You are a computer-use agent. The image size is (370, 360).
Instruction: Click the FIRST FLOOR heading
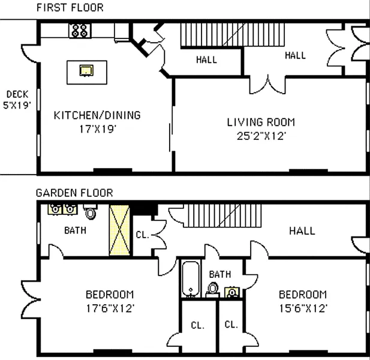click(x=70, y=8)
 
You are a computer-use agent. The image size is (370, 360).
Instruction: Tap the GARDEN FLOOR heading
click(x=74, y=193)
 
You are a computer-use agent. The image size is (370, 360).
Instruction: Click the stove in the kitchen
click(x=80, y=31)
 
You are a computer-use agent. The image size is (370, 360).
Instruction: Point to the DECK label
click(x=17, y=94)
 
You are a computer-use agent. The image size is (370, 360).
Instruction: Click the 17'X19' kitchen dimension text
click(x=98, y=129)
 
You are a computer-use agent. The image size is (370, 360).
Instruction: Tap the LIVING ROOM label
click(x=261, y=122)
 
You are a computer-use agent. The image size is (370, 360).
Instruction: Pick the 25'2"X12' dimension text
click(x=261, y=136)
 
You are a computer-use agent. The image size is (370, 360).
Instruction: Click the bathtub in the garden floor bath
click(x=191, y=278)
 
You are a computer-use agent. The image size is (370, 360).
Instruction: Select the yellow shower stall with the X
click(x=119, y=230)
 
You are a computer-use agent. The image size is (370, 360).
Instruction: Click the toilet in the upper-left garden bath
click(x=90, y=212)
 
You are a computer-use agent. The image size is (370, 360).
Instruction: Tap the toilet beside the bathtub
click(x=212, y=290)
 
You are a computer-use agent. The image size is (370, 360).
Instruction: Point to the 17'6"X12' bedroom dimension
click(x=110, y=308)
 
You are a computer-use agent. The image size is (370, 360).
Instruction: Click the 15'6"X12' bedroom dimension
click(x=303, y=308)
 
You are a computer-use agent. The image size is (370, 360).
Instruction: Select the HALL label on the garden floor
click(x=302, y=230)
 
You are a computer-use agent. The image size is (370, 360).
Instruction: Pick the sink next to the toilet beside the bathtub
click(x=232, y=292)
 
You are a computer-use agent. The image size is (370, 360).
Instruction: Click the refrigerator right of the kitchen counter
click(x=122, y=32)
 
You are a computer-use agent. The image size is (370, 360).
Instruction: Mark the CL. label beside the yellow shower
click(x=143, y=235)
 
